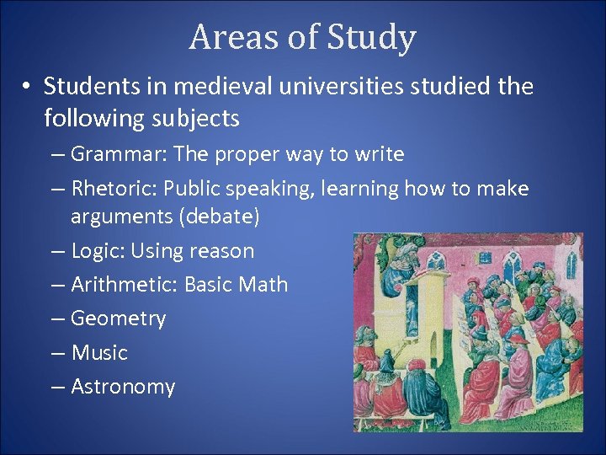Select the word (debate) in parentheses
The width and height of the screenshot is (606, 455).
pyautogui.click(x=217, y=217)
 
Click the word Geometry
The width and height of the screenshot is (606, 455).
pyautogui.click(x=118, y=318)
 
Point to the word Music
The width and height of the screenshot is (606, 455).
pyautogui.click(x=99, y=352)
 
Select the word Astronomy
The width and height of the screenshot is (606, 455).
pyautogui.click(x=123, y=387)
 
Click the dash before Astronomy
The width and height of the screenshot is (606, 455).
pyautogui.click(x=57, y=388)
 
